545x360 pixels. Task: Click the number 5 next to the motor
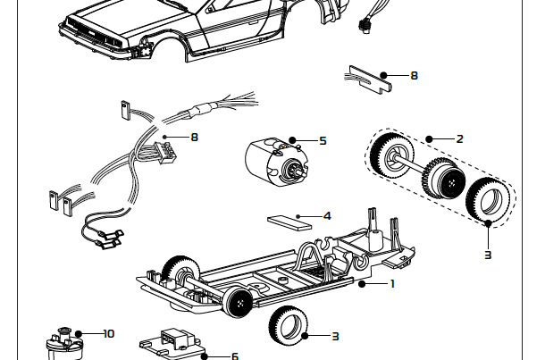point(323,141)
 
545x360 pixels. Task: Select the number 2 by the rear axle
point(458,139)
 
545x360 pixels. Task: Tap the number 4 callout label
point(327,215)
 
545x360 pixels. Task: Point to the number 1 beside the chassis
point(391,284)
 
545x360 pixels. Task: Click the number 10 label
point(109,333)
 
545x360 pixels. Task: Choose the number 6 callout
point(235,356)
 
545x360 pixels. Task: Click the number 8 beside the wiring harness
point(194,137)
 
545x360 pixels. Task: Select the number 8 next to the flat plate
point(414,76)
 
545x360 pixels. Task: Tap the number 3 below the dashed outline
point(487,255)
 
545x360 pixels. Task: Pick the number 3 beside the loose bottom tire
point(335,336)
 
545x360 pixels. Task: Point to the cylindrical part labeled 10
point(63,344)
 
